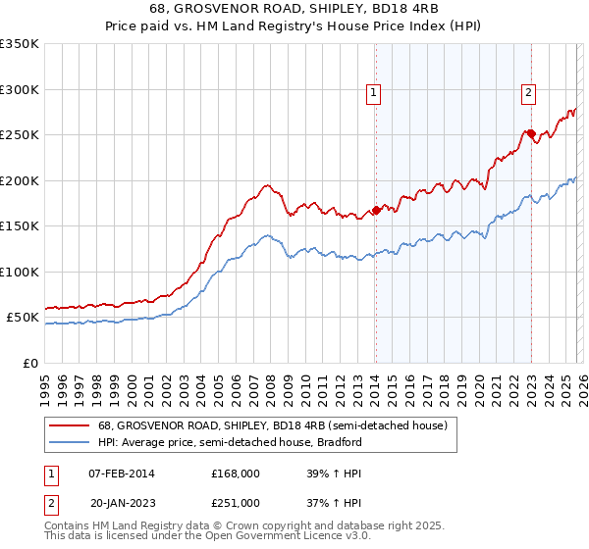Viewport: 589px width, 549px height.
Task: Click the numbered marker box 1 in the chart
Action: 374,93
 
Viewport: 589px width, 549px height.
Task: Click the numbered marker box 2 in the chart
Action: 528,93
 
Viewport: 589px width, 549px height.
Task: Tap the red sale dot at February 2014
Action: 376,210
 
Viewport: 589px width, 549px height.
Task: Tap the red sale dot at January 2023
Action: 531,133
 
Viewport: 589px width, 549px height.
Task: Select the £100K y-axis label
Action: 20,272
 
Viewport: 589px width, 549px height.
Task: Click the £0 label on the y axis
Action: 29,363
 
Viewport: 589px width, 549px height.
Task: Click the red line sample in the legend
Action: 69,425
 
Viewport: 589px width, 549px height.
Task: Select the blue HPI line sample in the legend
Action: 69,442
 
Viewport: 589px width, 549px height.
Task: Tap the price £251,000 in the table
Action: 235,502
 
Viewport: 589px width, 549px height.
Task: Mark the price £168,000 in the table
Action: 235,473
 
